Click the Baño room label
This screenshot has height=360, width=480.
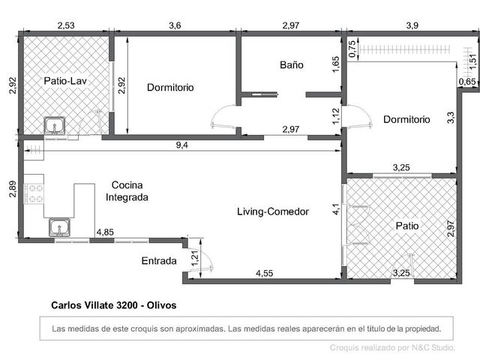tap(292, 65)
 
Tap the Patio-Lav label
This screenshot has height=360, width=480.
tap(65, 81)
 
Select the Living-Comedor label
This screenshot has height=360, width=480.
tap(273, 211)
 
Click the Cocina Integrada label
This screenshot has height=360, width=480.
tap(127, 191)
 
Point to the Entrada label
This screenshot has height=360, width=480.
tap(159, 261)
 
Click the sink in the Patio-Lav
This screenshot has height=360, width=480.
tap(55, 125)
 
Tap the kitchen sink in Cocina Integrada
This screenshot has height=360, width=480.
tap(60, 227)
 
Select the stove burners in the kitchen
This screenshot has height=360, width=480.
tap(34, 193)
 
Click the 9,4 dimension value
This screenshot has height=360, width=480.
tap(181, 145)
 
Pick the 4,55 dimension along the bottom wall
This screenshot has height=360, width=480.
tap(265, 273)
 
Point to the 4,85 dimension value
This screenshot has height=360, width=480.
tap(105, 232)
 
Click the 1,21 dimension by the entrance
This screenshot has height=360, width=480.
tap(195, 258)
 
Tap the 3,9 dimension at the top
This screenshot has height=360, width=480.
tap(412, 25)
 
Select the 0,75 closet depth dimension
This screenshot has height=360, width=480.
tap(352, 49)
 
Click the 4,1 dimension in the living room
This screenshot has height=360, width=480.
tap(336, 209)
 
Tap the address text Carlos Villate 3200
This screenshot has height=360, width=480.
tap(94, 305)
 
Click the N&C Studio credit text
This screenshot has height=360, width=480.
tap(433, 348)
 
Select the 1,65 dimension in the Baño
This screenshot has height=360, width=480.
tap(336, 64)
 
